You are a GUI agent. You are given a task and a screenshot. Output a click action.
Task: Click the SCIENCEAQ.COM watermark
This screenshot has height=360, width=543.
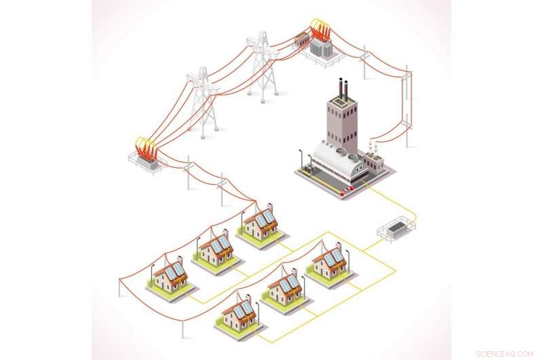point(504,354)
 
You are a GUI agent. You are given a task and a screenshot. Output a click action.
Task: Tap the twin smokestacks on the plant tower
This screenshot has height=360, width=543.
point(343,89)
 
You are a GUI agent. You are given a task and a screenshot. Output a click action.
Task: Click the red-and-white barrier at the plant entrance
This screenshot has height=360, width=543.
point(347,190)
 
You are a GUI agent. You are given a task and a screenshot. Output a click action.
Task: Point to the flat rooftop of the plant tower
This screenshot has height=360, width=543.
point(341,100)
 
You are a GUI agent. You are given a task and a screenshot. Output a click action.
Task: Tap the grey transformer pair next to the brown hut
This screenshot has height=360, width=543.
point(321,48)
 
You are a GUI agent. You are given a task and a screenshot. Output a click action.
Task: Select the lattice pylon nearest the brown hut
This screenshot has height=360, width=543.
point(262,67)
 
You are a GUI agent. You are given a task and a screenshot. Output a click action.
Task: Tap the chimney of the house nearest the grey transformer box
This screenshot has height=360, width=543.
point(339,248)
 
